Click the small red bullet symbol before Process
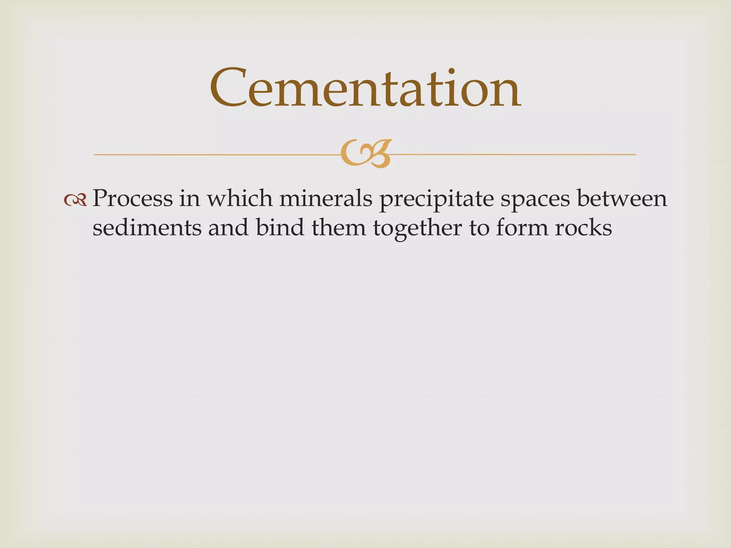pyautogui.click(x=75, y=200)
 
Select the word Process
pyautogui.click(x=132, y=198)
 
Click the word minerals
pyautogui.click(x=326, y=198)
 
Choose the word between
pyautogui.click(x=622, y=198)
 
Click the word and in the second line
pyautogui.click(x=228, y=228)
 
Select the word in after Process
pyautogui.click(x=190, y=198)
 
